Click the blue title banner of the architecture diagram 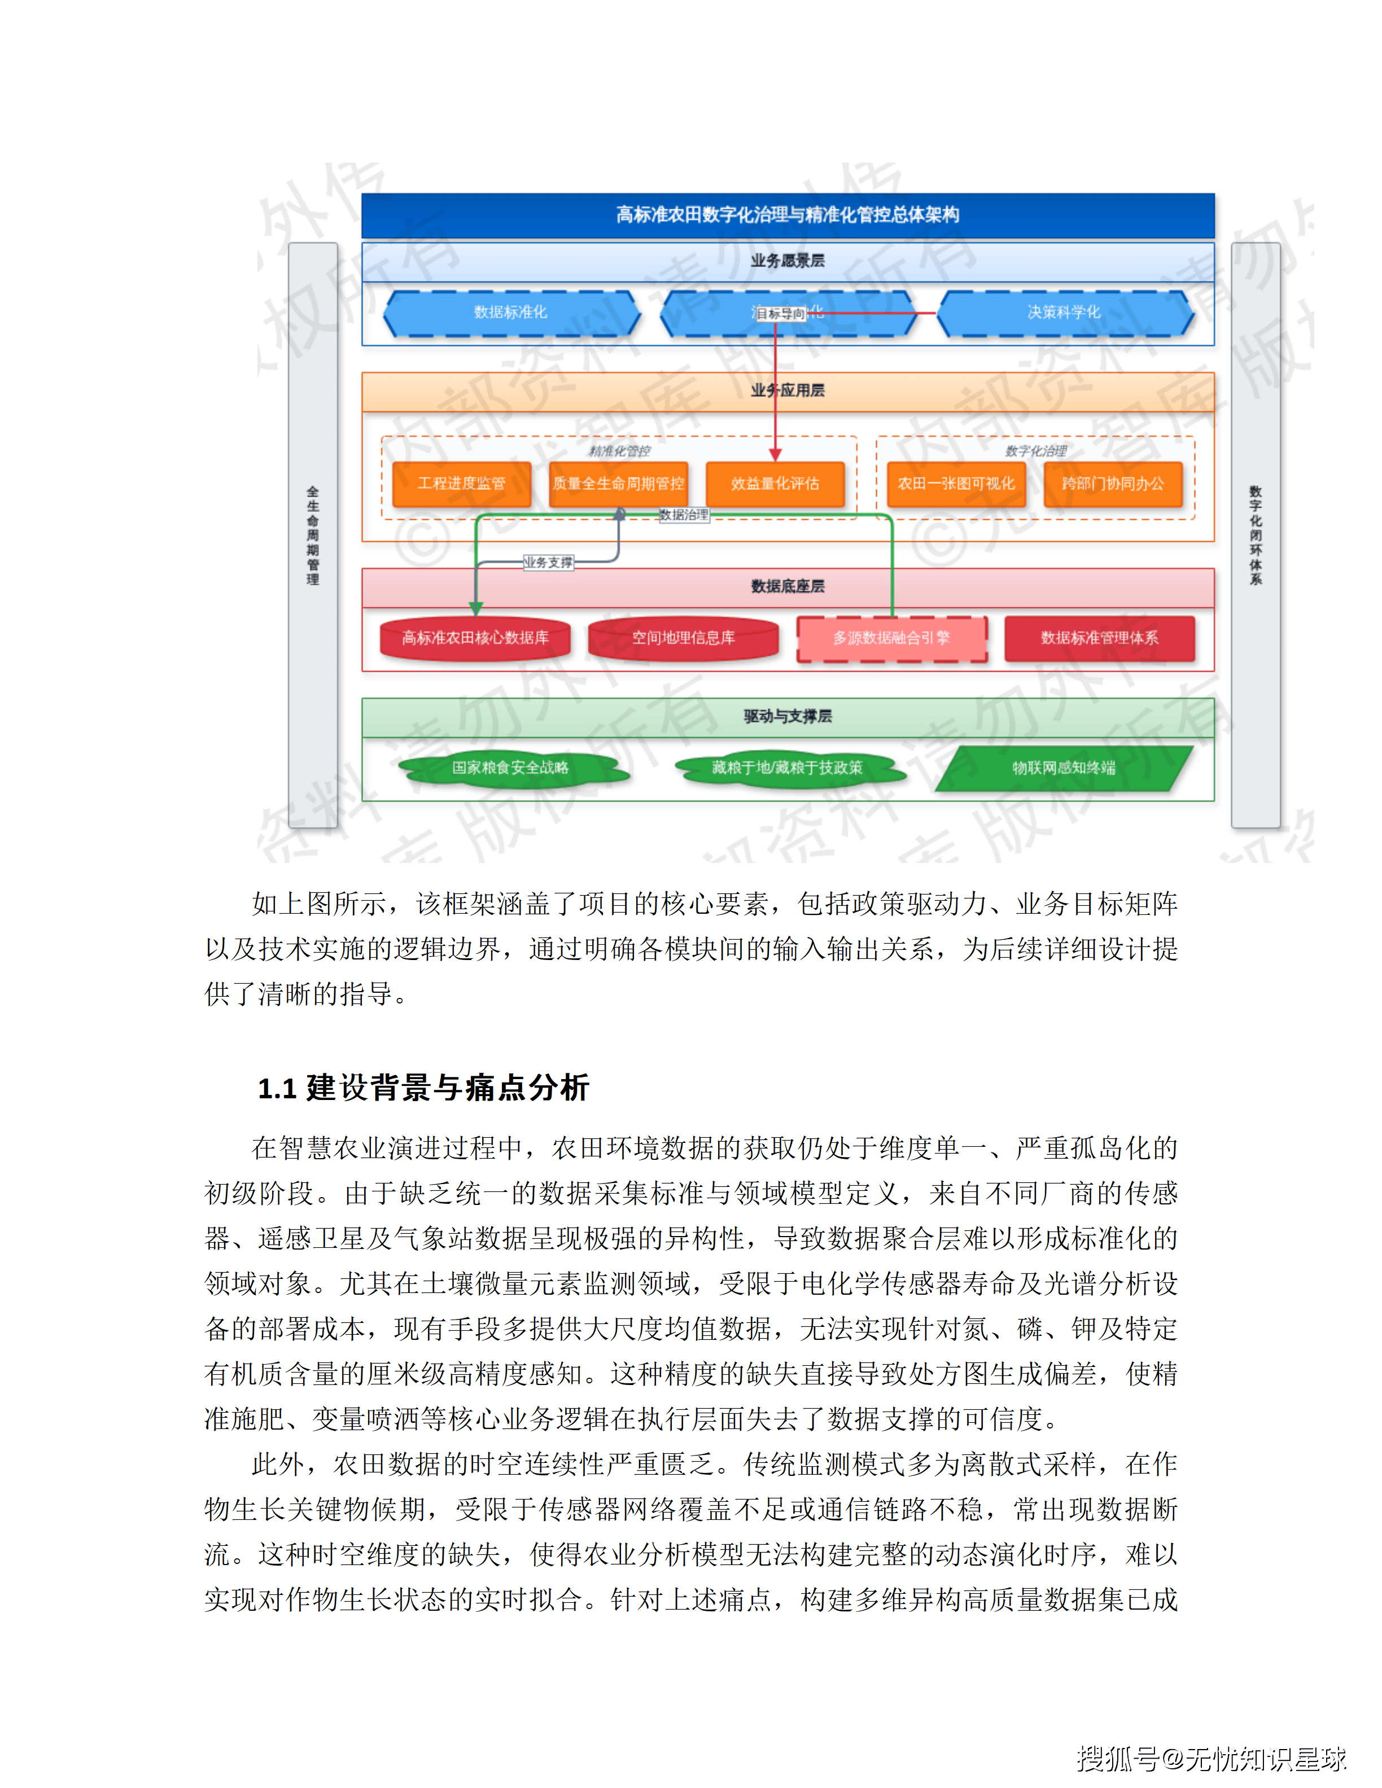click(x=788, y=215)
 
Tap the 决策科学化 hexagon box click(x=1064, y=313)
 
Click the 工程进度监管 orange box click(x=462, y=484)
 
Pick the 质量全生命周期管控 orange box click(x=618, y=484)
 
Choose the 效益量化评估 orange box click(x=775, y=484)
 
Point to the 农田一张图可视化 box click(x=956, y=484)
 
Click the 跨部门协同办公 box click(x=1113, y=484)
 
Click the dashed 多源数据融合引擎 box click(x=891, y=638)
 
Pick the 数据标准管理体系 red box click(x=1100, y=638)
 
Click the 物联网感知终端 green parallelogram click(x=1064, y=768)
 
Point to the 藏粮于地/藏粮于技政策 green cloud click(x=787, y=768)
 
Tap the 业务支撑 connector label click(x=549, y=563)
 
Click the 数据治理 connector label click(x=684, y=515)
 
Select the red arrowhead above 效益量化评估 click(x=775, y=454)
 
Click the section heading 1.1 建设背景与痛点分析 click(x=423, y=1088)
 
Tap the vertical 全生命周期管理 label click(x=313, y=536)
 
